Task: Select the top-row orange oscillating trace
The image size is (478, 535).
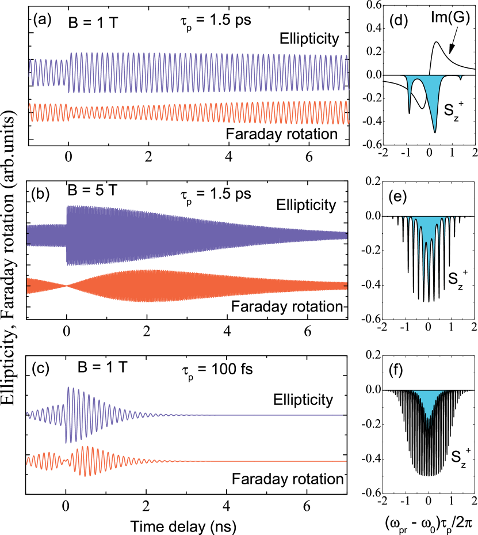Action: pyautogui.click(x=190, y=112)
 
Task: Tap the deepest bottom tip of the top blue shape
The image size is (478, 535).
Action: pyautogui.click(x=435, y=130)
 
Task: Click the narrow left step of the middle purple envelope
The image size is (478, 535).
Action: pyautogui.click(x=46, y=236)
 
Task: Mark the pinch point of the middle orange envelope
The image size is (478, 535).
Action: pyautogui.click(x=67, y=285)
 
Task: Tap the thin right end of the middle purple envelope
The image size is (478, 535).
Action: pyautogui.click(x=339, y=236)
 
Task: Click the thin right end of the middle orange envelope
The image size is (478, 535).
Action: pyautogui.click(x=339, y=286)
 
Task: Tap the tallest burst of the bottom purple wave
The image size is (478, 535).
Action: pyautogui.click(x=69, y=415)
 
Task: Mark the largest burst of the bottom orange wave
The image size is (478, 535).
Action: pyautogui.click(x=86, y=461)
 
